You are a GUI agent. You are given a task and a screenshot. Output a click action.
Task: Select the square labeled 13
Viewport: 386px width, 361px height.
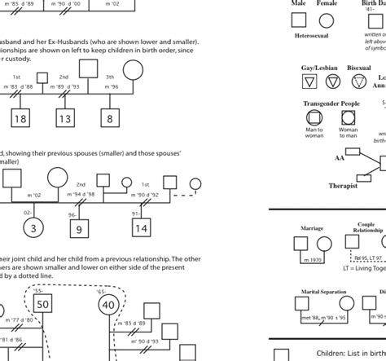(x=66, y=120)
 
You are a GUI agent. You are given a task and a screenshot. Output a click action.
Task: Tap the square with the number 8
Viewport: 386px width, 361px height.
(x=111, y=120)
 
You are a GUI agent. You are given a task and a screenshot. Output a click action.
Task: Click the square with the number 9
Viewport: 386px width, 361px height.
(x=79, y=229)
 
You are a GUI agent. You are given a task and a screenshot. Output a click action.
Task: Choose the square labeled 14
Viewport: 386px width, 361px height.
(x=142, y=229)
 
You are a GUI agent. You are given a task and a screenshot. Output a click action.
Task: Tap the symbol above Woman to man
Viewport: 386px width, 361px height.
(x=348, y=118)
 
